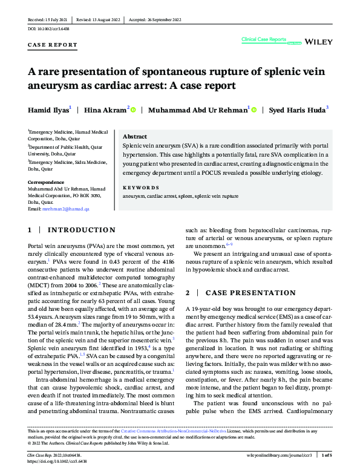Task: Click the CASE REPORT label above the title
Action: point(53,45)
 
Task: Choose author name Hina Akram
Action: point(106,110)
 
